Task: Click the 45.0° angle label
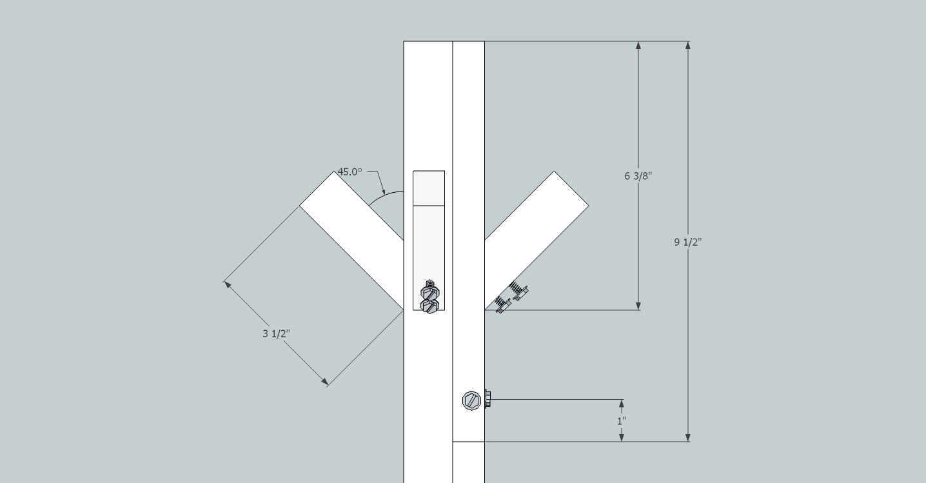coord(350,172)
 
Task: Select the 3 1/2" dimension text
coord(276,333)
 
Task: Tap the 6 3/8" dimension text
coord(638,176)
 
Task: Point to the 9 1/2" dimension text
coord(688,242)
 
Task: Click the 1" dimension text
coord(622,421)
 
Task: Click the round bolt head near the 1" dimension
coord(471,400)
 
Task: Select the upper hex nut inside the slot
coord(430,292)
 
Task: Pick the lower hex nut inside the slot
coord(430,306)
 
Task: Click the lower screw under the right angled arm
coord(503,305)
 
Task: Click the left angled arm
coord(351,241)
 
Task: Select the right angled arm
coord(537,241)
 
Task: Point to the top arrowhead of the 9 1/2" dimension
coord(688,45)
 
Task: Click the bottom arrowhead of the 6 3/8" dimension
coord(638,306)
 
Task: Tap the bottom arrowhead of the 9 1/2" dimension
coord(688,437)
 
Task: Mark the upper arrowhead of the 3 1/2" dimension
coord(228,285)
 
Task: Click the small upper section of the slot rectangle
coord(429,188)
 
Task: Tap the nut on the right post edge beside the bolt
coord(488,399)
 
